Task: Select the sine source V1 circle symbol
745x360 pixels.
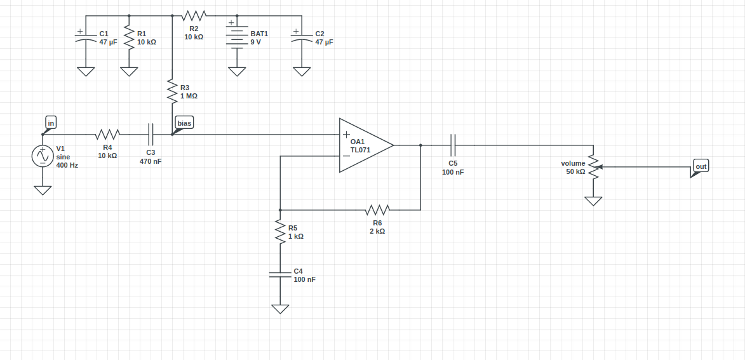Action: pos(43,156)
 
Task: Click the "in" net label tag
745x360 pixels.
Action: pos(51,122)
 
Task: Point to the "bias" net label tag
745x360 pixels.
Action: pos(184,123)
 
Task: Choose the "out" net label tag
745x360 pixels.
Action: pos(701,166)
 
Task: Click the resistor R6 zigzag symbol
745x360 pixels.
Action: pos(377,210)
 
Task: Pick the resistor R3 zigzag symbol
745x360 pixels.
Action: pos(171,91)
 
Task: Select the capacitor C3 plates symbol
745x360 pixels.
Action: pos(151,134)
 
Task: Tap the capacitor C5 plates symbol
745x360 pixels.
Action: pos(453,145)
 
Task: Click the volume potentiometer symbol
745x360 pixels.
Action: pos(593,167)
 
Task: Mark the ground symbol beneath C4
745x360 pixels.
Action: pos(280,309)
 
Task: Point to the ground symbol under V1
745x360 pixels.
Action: pos(43,190)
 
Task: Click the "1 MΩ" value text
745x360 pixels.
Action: pos(189,97)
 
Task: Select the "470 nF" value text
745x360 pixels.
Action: pos(151,161)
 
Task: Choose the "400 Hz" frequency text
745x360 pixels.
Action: pos(67,165)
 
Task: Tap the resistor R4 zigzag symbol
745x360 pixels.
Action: pos(107,134)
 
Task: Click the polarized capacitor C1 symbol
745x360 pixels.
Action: pos(86,38)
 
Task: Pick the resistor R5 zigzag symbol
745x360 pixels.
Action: pos(280,231)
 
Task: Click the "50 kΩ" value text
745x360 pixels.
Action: pos(575,171)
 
